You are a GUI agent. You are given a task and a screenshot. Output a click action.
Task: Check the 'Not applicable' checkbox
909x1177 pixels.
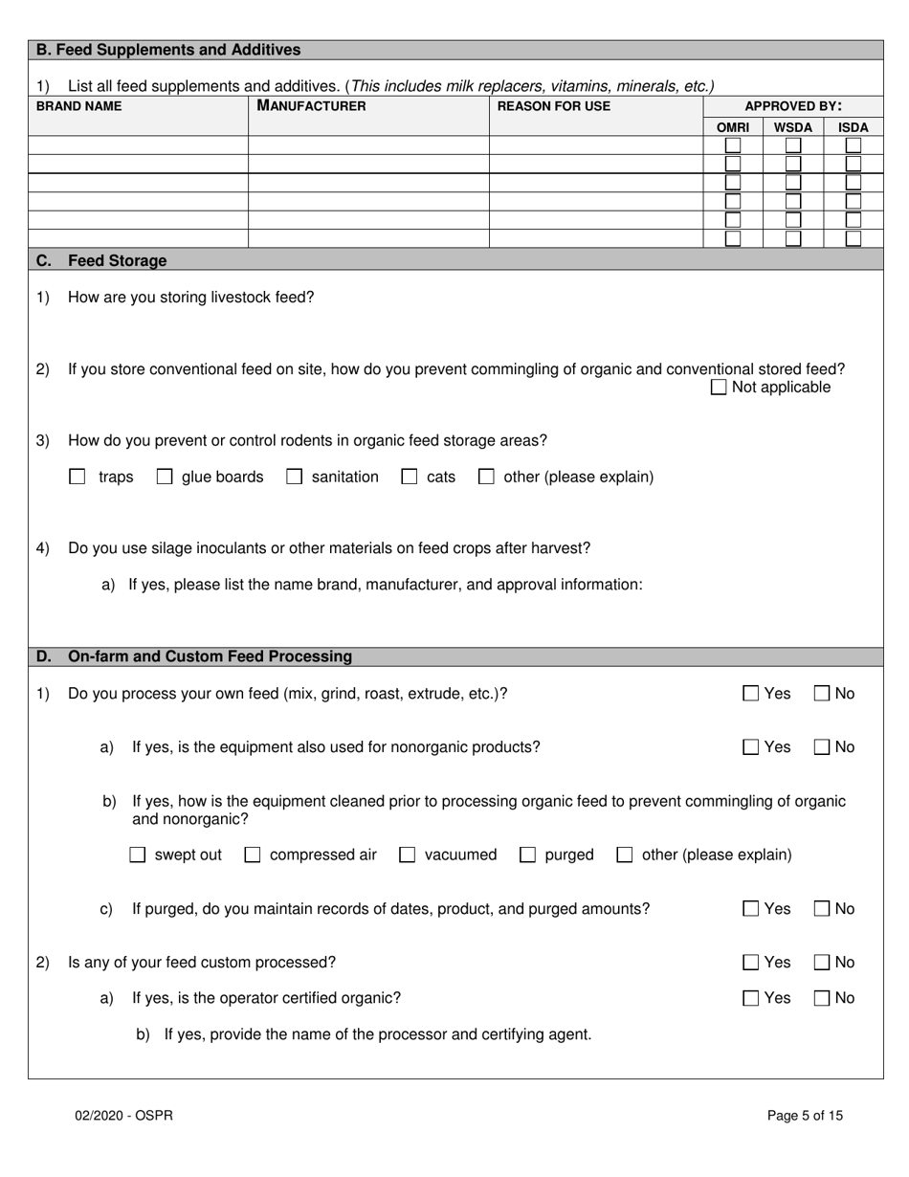719,388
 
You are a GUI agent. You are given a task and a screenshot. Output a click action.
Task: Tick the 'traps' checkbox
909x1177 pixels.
78,477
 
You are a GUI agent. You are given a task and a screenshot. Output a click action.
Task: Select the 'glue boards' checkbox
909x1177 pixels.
165,477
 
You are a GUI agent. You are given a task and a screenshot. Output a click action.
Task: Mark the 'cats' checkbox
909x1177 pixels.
410,477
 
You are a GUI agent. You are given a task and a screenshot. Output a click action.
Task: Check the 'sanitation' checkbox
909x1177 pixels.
295,477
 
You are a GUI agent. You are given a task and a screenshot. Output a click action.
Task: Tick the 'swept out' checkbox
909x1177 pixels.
137,855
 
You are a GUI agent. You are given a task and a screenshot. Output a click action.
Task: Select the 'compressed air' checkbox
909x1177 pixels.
253,855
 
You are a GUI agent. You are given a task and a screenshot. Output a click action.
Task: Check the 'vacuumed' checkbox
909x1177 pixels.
407,855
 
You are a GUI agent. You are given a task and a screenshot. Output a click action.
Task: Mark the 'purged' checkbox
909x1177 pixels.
527,855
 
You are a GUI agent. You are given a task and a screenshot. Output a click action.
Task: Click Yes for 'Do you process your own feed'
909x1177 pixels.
751,694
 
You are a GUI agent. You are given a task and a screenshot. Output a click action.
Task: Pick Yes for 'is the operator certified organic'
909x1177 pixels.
751,998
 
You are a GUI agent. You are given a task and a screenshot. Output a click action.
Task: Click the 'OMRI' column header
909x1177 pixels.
733,126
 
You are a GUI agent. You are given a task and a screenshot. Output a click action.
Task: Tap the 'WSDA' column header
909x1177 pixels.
792,126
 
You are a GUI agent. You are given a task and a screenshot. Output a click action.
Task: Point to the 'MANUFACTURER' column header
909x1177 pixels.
311,106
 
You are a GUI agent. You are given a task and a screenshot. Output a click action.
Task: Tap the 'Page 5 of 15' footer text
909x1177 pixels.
805,1115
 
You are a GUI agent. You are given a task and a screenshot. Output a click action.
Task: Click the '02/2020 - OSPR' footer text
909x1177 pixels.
124,1115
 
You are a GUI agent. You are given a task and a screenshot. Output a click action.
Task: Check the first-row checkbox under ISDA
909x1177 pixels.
853,145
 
